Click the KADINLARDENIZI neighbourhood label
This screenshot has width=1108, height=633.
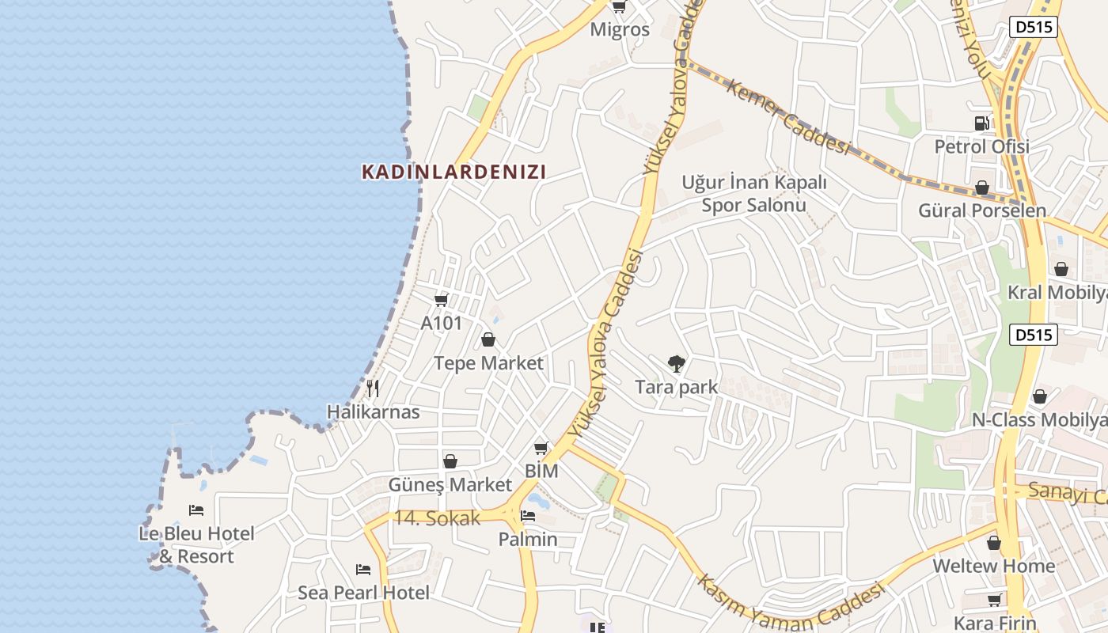click(453, 172)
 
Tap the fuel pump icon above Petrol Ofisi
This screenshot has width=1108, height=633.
click(981, 123)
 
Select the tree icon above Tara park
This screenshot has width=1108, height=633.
click(676, 364)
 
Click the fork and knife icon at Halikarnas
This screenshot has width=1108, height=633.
click(373, 389)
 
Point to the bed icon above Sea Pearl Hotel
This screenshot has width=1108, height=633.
click(363, 570)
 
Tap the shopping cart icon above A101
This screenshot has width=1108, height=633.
click(442, 300)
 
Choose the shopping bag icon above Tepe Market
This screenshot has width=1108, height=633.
click(488, 340)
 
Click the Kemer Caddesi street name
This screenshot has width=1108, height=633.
click(787, 117)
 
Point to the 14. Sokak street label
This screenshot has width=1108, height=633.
click(437, 518)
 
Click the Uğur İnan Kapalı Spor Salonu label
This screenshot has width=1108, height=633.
click(754, 194)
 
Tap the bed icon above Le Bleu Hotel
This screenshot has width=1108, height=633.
click(196, 510)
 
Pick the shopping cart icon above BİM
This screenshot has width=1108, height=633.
click(541, 449)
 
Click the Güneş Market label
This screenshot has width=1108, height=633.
click(450, 484)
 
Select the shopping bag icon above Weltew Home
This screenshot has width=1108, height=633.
click(993, 544)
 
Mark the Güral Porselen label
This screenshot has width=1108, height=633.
click(982, 210)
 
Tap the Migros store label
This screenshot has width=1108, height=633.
click(620, 30)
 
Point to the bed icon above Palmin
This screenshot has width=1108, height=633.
click(528, 517)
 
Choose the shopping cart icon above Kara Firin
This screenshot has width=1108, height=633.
click(994, 601)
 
